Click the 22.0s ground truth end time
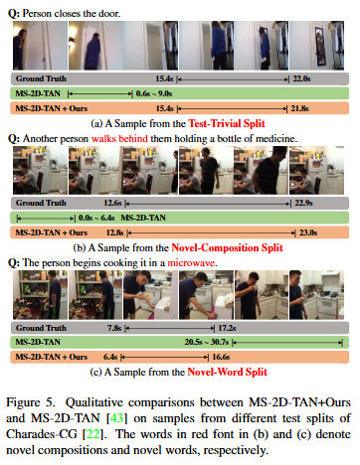(301, 78)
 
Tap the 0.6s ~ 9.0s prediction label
(154, 93)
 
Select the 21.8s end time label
(299, 108)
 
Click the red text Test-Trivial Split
(227, 123)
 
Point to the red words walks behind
(119, 138)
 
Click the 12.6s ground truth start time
(112, 203)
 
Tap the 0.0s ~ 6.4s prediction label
(96, 218)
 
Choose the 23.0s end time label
(308, 232)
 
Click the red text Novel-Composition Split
(227, 247)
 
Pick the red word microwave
(192, 263)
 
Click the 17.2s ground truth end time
(227, 328)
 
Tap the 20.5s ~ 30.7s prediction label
(207, 342)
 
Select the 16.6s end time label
(221, 357)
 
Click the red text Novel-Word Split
(227, 372)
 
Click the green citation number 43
(116, 418)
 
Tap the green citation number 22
(92, 434)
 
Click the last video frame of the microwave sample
(316, 295)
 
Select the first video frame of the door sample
(40, 46)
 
